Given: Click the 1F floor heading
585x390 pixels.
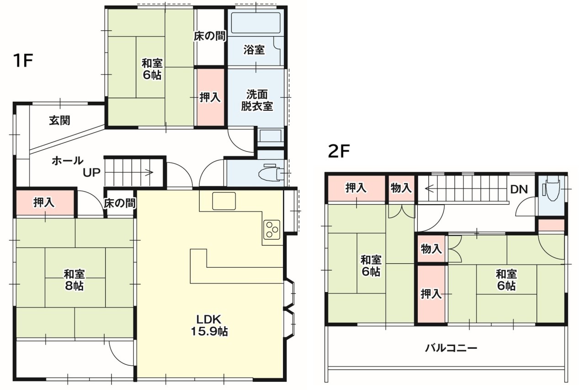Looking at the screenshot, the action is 23,61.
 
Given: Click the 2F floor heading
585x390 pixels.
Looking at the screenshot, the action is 339,151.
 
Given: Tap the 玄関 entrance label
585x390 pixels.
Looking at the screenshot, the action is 59,120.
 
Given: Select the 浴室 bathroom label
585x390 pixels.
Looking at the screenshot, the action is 254,50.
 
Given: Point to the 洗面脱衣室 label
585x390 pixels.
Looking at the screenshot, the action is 257,100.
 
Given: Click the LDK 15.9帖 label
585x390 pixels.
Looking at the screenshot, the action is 209,325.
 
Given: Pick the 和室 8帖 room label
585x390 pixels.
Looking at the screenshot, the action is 74,280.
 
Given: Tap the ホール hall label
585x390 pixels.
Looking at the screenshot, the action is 68,161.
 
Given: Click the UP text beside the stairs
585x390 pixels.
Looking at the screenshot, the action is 92,173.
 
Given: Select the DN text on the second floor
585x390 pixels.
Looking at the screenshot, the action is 519,190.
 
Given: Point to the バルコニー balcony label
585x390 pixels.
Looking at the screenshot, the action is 451,348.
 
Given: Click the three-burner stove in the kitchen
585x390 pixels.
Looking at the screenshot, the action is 272,230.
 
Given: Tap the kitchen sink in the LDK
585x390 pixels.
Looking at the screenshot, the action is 224,201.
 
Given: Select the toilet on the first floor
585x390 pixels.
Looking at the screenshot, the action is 271,173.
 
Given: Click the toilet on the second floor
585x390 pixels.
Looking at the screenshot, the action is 552,188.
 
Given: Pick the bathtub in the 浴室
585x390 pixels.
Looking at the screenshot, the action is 256,22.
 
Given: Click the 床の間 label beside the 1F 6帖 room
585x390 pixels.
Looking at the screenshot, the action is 209,36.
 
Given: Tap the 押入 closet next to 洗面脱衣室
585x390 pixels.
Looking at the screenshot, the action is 211,97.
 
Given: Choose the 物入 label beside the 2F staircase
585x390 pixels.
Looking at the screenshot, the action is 401,188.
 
